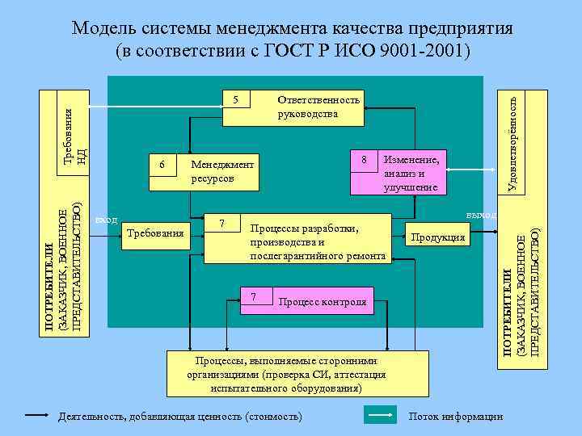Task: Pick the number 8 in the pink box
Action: point(365,160)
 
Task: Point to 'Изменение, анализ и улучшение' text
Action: point(411,173)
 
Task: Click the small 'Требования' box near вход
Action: point(155,233)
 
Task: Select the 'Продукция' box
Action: point(437,237)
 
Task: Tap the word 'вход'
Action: point(107,220)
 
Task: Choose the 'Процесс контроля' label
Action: point(322,302)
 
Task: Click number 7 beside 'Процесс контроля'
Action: point(255,297)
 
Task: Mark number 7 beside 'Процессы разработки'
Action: point(225,221)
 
